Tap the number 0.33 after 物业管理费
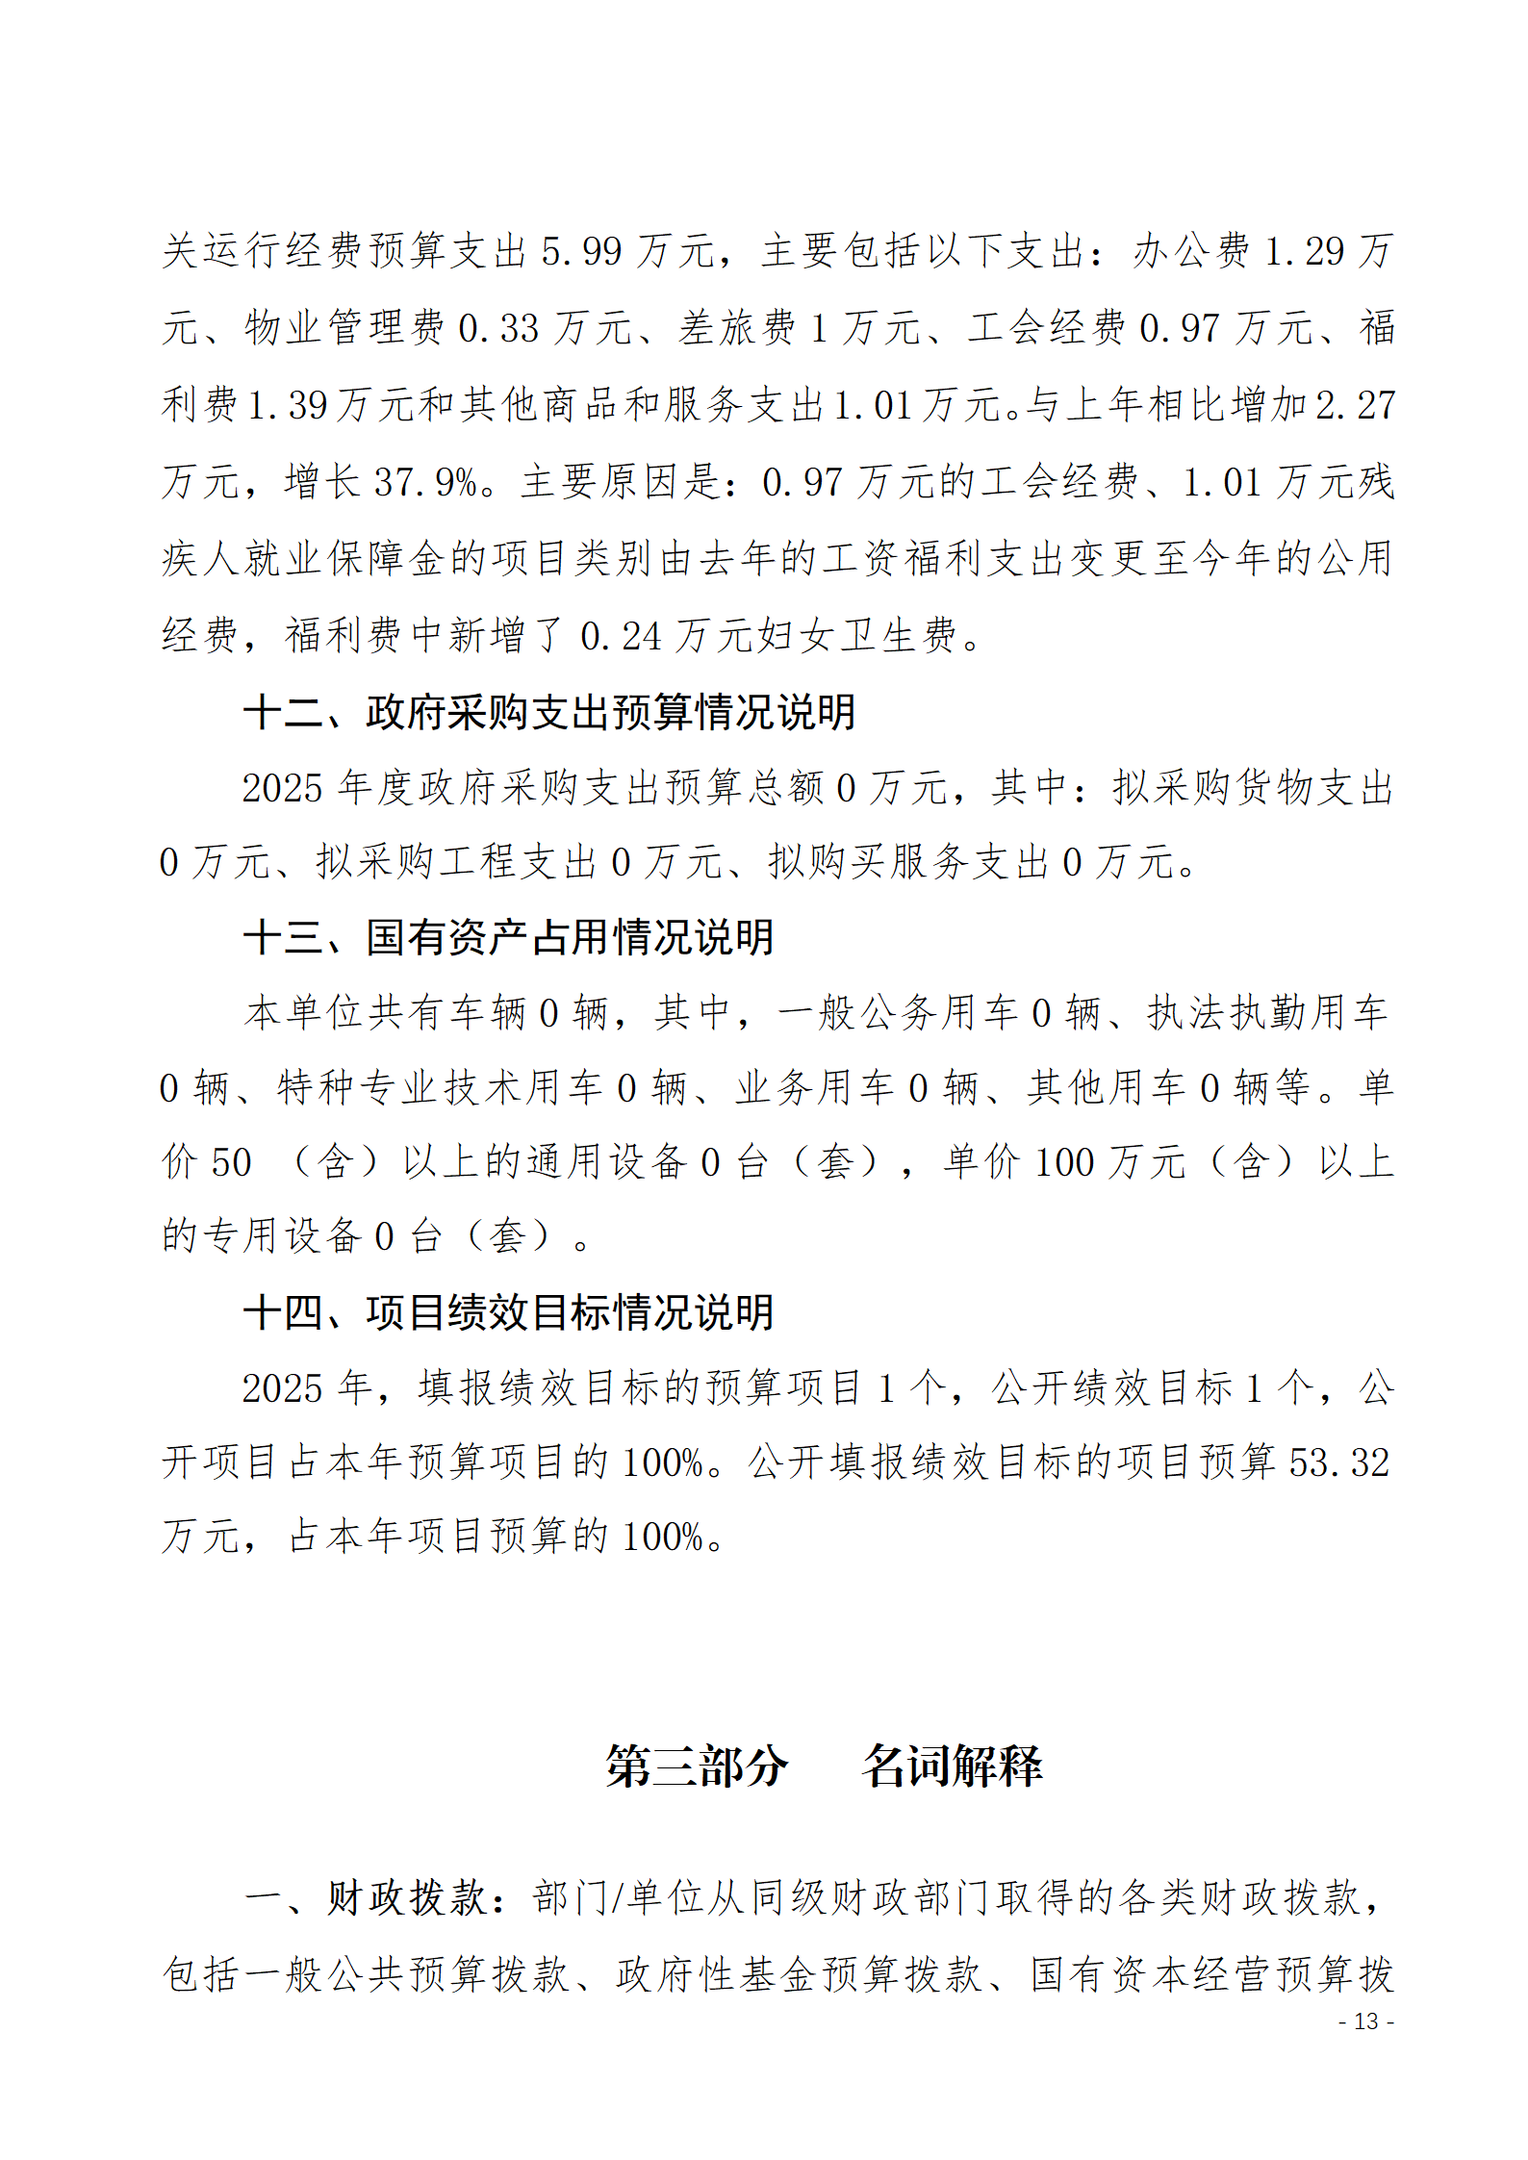click(498, 329)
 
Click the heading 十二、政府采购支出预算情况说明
click(549, 713)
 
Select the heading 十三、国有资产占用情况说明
click(508, 938)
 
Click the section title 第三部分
click(697, 1766)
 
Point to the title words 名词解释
click(953, 1766)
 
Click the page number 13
click(1366, 2021)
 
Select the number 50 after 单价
click(231, 1163)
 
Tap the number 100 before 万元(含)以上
click(1064, 1163)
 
